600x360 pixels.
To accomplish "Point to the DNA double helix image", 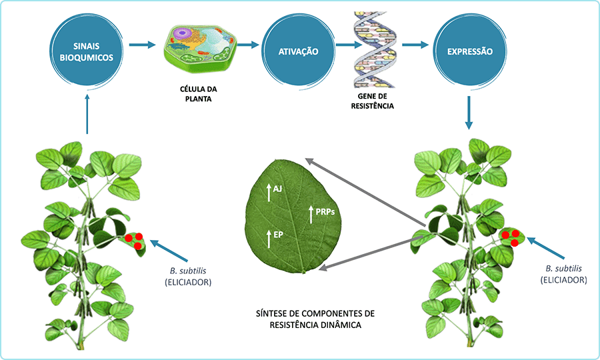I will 376,50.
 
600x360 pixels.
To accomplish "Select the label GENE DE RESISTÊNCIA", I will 376,101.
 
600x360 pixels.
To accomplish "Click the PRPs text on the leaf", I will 325,211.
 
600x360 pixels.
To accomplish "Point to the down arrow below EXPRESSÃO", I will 470,112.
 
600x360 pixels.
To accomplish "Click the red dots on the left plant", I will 133,241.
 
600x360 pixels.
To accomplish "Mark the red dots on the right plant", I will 511,237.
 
